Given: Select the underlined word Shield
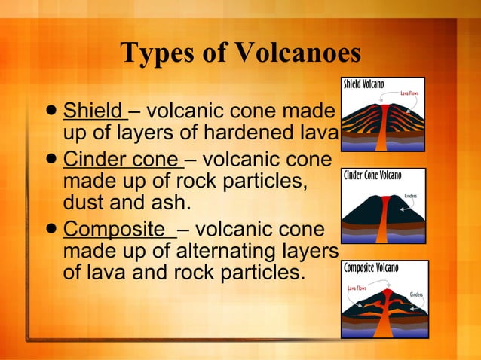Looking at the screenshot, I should point(94,112).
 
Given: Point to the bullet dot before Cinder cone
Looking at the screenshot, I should point(51,161).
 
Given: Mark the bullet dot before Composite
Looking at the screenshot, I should point(51,230).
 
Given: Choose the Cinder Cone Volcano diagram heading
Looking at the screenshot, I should point(372,175).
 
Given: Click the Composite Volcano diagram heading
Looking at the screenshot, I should point(371,268).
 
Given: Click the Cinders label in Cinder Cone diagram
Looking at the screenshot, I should point(410,196).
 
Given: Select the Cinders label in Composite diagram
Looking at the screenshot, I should point(415,294).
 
